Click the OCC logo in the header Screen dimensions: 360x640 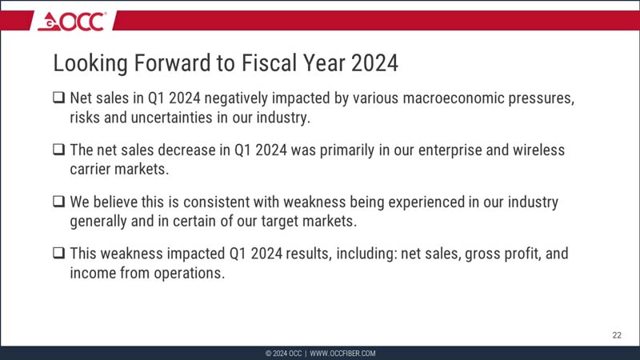click(x=72, y=22)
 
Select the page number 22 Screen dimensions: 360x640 click(x=616, y=335)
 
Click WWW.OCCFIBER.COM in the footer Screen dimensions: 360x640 click(x=342, y=354)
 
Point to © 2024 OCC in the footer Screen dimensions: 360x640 click(x=283, y=354)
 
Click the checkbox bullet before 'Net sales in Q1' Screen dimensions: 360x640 click(x=59, y=100)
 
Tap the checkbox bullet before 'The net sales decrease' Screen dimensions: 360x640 click(x=59, y=150)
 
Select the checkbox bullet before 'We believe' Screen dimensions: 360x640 click(x=59, y=202)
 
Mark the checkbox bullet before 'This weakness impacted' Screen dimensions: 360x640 click(x=59, y=254)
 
